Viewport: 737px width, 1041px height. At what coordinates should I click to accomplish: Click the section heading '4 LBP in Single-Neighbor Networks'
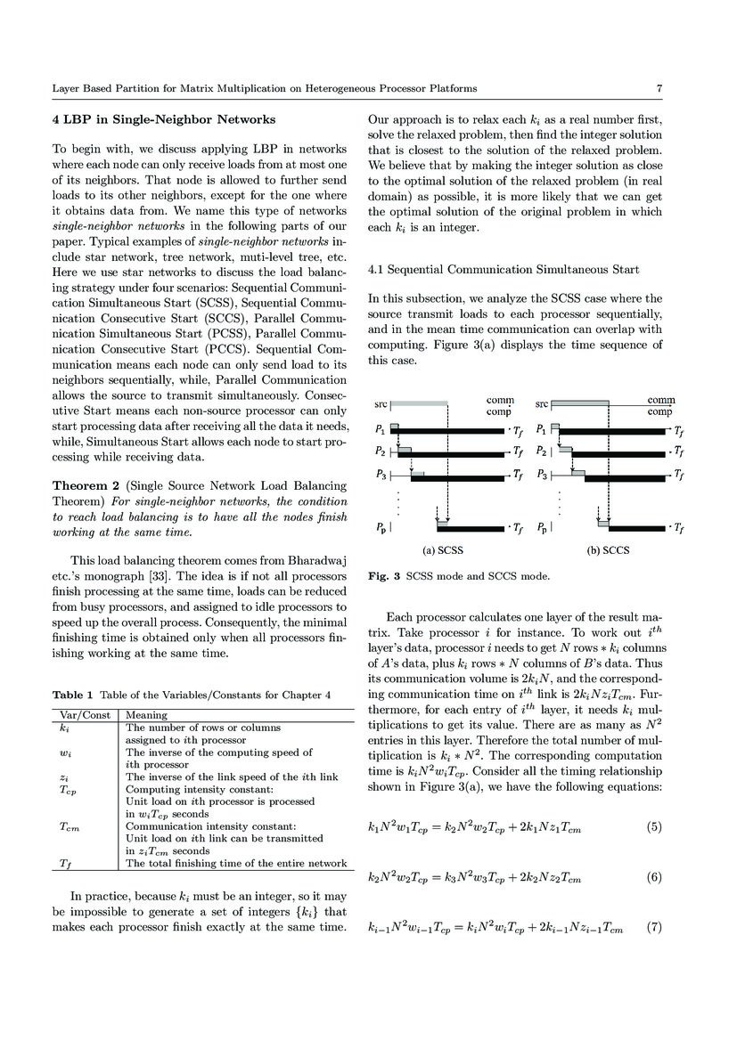(x=163, y=119)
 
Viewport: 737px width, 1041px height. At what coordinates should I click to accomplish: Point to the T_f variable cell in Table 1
(x=66, y=864)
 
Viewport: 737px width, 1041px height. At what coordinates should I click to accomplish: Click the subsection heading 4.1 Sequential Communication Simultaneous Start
(x=504, y=269)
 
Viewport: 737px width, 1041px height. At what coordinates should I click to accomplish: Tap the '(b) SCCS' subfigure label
(x=607, y=550)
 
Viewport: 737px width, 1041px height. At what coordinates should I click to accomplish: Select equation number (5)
(x=654, y=827)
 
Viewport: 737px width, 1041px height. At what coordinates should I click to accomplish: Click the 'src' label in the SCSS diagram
(x=379, y=404)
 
